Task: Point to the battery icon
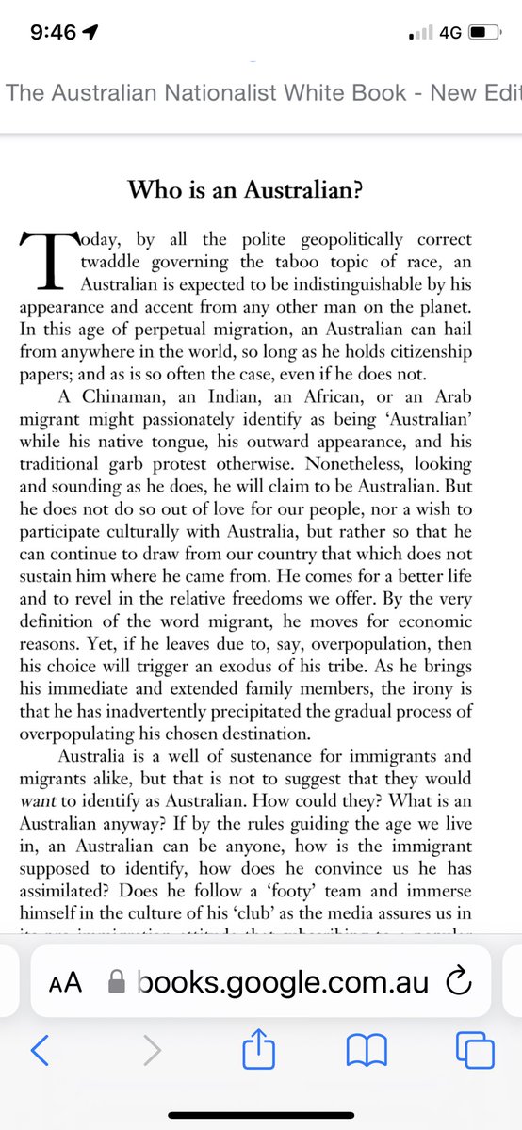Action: tap(482, 32)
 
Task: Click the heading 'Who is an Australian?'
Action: tap(260, 188)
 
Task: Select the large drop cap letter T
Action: tap(42, 258)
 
